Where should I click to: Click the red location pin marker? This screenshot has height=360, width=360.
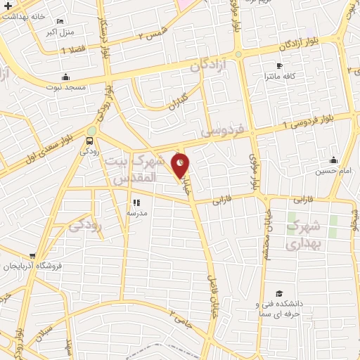181,165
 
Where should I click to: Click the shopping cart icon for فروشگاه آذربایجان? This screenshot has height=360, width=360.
32,256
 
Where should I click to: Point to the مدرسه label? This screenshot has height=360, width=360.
136,212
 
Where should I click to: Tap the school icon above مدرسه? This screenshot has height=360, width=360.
136,202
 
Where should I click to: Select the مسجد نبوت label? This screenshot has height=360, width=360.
65,86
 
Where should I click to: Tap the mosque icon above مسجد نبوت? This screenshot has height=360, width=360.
65,77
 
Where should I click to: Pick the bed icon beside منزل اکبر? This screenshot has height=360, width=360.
62,22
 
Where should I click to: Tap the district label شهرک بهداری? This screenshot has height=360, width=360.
304,236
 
